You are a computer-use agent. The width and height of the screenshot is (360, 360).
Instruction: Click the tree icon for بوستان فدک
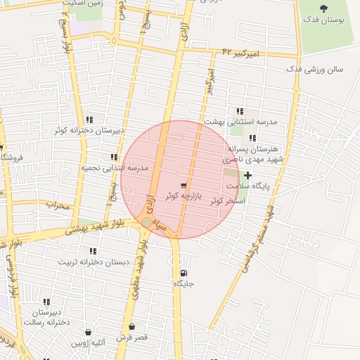click(323, 8)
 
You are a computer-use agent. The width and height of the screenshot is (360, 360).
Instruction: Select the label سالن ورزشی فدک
click(314, 70)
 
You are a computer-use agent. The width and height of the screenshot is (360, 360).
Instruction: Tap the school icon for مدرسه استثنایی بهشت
click(240, 111)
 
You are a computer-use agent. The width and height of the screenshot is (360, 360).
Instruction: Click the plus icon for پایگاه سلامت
click(247, 174)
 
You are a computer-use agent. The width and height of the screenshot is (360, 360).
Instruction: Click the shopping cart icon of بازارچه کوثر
click(184, 186)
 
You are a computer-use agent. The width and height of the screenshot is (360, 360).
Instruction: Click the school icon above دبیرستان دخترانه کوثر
click(89, 120)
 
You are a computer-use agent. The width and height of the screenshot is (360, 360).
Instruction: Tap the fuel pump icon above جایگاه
click(184, 273)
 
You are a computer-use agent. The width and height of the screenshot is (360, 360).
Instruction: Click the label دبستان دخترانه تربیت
click(94, 262)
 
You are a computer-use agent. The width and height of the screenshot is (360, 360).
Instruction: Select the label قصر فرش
click(132, 338)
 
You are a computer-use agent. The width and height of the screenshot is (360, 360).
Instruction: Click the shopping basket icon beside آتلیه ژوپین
click(89, 332)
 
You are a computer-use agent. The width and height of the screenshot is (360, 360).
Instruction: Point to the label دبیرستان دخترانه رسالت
click(46, 316)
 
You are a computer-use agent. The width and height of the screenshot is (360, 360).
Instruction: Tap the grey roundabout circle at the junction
click(146, 222)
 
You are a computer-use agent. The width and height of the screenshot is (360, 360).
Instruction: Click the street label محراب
click(58, 205)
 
